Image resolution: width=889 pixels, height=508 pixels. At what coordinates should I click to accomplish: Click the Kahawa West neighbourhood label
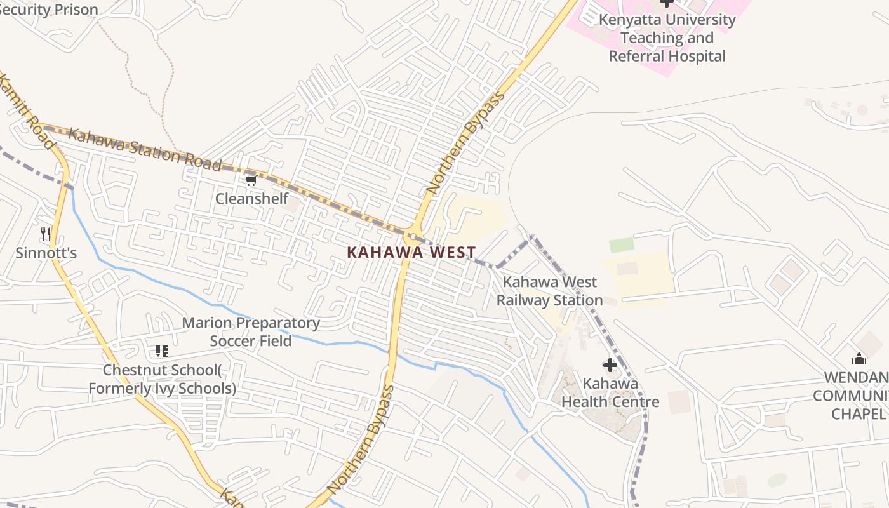(x=411, y=252)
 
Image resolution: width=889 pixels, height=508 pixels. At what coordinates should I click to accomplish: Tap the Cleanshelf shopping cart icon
(x=251, y=181)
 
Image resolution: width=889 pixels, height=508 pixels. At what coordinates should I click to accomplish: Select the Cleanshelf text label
(x=251, y=199)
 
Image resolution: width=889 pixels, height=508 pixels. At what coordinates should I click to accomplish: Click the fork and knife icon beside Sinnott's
(x=45, y=234)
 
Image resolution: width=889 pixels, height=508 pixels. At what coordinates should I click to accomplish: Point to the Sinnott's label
(x=46, y=253)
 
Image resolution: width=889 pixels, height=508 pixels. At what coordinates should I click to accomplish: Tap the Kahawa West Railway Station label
(x=549, y=291)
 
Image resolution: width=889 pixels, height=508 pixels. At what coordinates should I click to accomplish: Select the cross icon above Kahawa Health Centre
(x=610, y=365)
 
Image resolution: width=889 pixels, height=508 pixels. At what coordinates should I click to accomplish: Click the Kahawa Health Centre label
(x=610, y=392)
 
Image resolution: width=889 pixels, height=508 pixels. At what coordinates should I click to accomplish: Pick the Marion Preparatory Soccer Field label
(x=251, y=331)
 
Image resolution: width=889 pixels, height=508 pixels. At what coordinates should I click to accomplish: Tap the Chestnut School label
(x=162, y=379)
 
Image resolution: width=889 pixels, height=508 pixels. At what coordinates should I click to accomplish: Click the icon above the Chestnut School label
(x=161, y=351)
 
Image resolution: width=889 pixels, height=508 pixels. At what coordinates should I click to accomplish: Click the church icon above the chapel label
(x=859, y=359)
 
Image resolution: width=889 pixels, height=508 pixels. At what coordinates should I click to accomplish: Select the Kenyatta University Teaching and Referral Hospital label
(x=667, y=37)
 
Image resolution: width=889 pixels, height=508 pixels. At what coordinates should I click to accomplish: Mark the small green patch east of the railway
(x=621, y=245)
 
